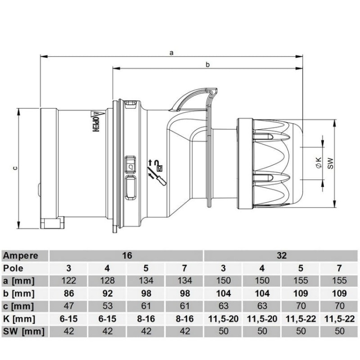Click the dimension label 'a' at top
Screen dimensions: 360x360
[171, 52]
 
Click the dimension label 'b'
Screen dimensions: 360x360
[207, 65]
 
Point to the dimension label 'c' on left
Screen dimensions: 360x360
[14, 168]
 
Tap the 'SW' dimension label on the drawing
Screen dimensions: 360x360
[330, 163]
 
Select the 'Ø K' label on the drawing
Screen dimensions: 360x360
[318, 163]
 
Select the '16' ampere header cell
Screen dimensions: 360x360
[127, 256]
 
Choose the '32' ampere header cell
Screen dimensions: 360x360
[282, 256]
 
